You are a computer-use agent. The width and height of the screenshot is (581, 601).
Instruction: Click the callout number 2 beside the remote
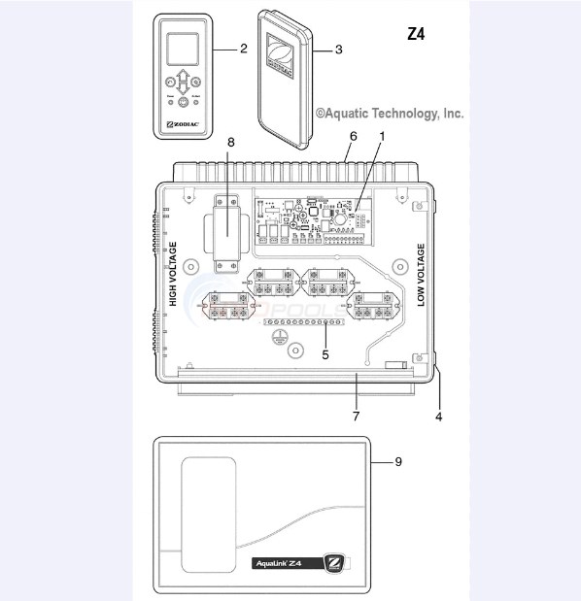(x=244, y=47)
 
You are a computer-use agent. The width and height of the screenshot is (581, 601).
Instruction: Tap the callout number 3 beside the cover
(x=337, y=48)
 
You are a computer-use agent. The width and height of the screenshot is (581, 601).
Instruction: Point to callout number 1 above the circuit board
(x=382, y=137)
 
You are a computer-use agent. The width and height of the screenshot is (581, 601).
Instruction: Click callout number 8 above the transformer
(x=230, y=143)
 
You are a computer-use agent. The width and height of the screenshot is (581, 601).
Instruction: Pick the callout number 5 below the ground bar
(x=325, y=354)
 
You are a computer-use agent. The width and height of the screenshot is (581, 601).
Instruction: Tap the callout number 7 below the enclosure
(x=357, y=416)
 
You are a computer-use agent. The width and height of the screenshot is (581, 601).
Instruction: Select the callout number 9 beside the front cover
(x=397, y=462)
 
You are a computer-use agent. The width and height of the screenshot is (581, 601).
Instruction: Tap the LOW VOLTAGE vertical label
(x=422, y=276)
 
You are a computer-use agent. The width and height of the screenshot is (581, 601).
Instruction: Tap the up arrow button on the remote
(x=183, y=77)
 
